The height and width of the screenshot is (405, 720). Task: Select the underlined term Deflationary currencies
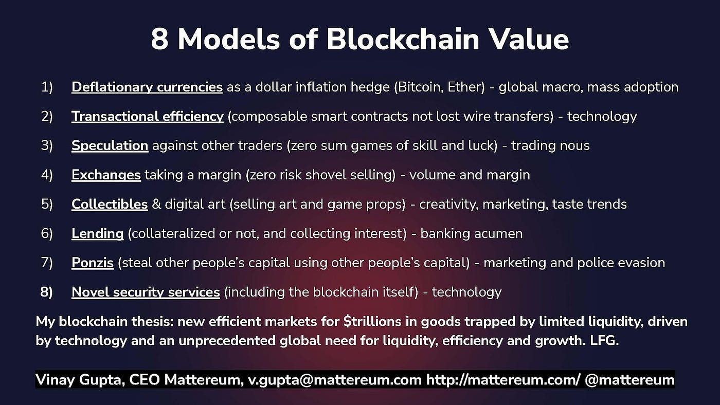(147, 87)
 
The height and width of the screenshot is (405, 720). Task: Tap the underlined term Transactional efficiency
(148, 117)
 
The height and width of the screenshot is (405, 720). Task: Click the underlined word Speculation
(110, 146)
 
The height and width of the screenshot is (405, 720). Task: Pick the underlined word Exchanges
(106, 175)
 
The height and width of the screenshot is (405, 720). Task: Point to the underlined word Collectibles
(110, 205)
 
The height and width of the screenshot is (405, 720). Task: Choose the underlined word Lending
(98, 234)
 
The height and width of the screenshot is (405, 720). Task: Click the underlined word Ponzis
(93, 263)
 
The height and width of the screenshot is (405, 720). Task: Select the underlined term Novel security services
(146, 292)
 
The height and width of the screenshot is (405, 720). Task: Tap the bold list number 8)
(47, 292)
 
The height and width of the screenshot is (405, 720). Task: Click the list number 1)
(47, 87)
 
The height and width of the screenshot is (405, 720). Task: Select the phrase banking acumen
(472, 234)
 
